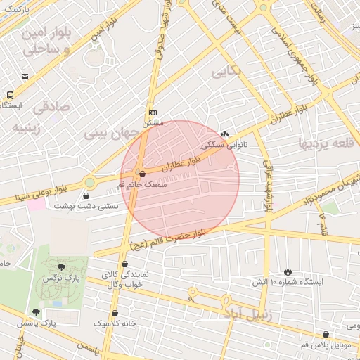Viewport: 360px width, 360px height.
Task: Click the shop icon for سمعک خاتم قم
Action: tap(143, 173)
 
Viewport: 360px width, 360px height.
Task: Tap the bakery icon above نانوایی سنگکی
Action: tap(224, 134)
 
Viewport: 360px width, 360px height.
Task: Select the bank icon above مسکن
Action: tap(153, 112)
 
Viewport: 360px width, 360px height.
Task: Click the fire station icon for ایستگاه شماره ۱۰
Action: tap(288, 271)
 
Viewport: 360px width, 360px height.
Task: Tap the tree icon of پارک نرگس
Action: tap(62, 266)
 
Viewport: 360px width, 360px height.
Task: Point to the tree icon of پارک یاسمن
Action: tap(36, 312)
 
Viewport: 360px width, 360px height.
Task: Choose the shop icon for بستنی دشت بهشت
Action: tap(86, 195)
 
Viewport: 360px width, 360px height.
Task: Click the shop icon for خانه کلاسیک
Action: tap(115, 313)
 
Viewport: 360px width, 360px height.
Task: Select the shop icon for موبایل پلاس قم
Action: tap(326, 335)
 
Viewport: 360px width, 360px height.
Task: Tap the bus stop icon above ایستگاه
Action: tap(11, 94)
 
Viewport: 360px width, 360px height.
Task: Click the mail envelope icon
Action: tap(25, 77)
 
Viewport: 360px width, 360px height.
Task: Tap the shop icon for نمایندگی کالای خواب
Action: tap(124, 264)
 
